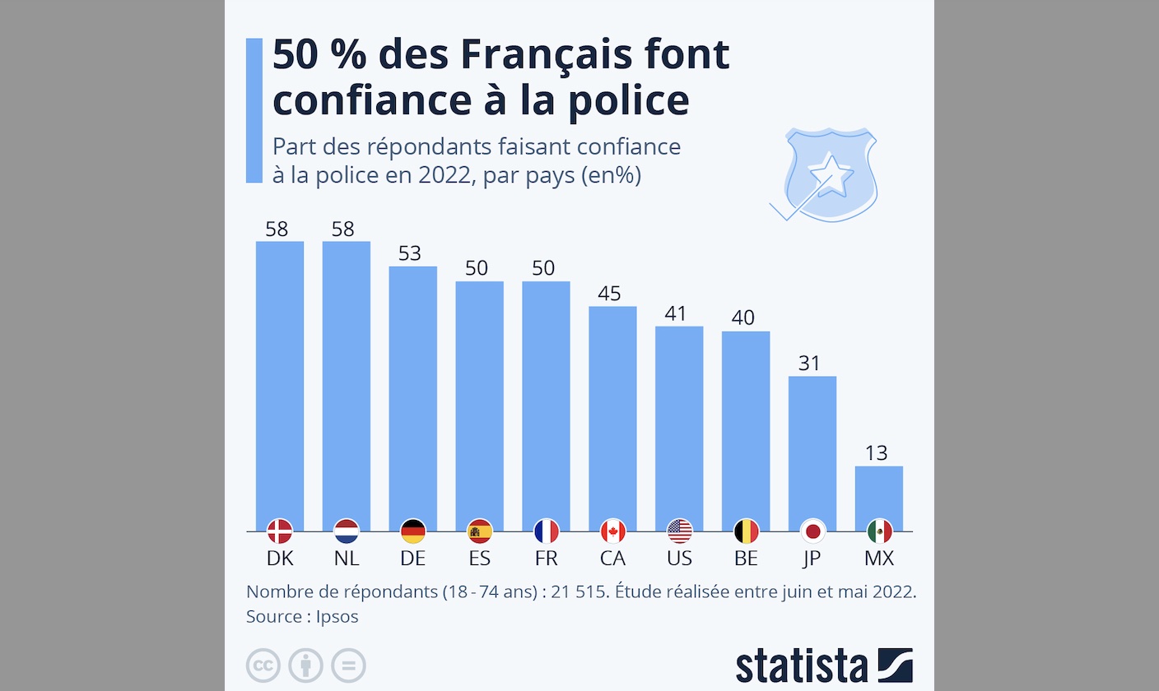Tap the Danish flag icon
(280, 531)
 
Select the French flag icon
(547, 531)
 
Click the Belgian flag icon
(746, 531)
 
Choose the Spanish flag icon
(480, 531)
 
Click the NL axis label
(347, 559)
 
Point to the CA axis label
(612, 559)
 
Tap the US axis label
(679, 559)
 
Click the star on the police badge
(830, 174)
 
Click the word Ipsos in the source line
(337, 617)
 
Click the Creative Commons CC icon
(263, 665)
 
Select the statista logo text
(802, 665)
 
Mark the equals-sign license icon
(348, 665)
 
